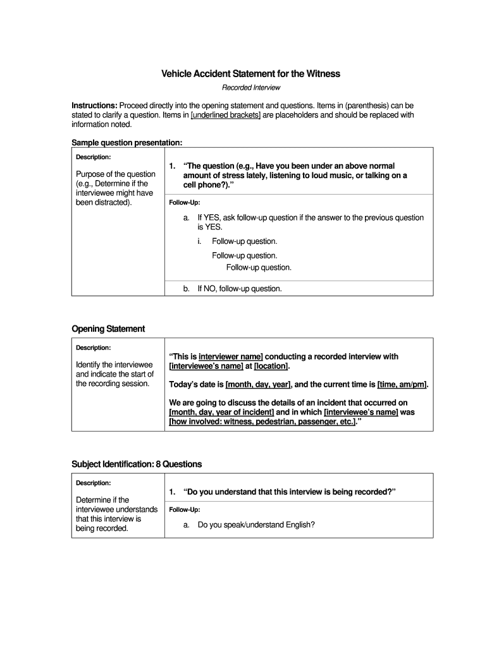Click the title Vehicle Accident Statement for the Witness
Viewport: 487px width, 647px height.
click(250, 74)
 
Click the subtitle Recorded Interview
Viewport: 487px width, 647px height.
click(250, 88)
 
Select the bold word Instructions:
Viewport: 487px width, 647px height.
click(94, 105)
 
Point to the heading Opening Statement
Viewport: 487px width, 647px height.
click(108, 329)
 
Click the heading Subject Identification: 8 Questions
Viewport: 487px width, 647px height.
click(137, 464)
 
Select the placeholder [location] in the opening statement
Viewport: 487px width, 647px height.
click(271, 366)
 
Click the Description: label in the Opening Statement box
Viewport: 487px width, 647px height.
click(93, 348)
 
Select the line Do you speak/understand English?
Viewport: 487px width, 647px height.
click(256, 524)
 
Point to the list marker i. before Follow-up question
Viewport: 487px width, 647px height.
click(199, 241)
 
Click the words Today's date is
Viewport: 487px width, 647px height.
click(196, 384)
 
